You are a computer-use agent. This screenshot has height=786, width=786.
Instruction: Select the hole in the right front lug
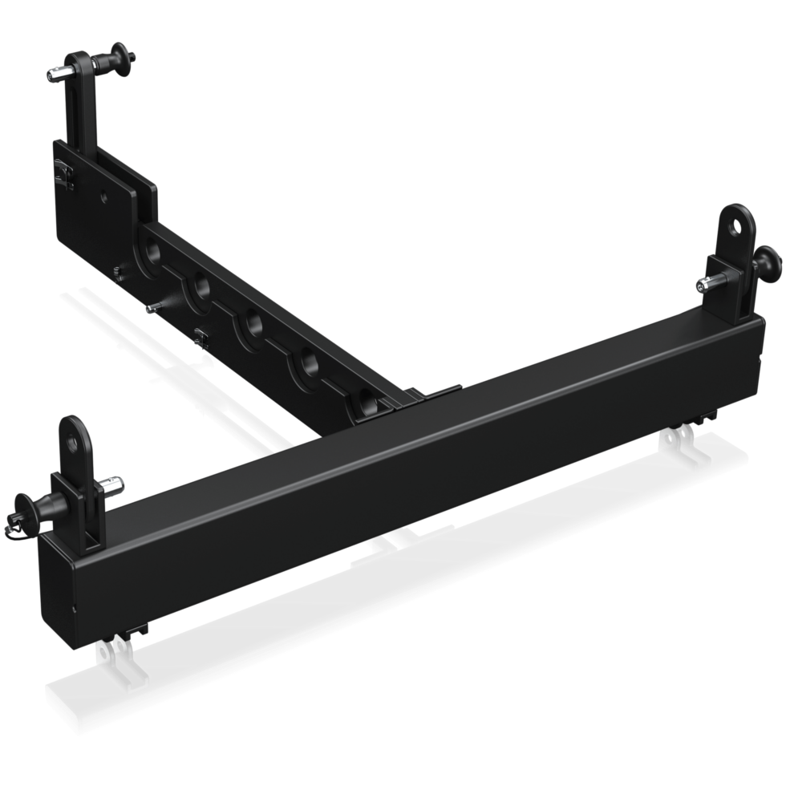735,226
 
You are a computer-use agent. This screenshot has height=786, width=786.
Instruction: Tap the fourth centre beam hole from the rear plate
310,363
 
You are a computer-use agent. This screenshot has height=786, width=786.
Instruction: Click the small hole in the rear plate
104,195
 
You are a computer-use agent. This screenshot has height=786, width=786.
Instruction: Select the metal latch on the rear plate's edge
61,172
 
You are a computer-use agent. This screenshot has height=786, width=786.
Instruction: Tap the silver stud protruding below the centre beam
152,306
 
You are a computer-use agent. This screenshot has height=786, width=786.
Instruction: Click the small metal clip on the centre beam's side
201,338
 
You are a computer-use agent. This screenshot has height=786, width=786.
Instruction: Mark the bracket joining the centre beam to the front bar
425,396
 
